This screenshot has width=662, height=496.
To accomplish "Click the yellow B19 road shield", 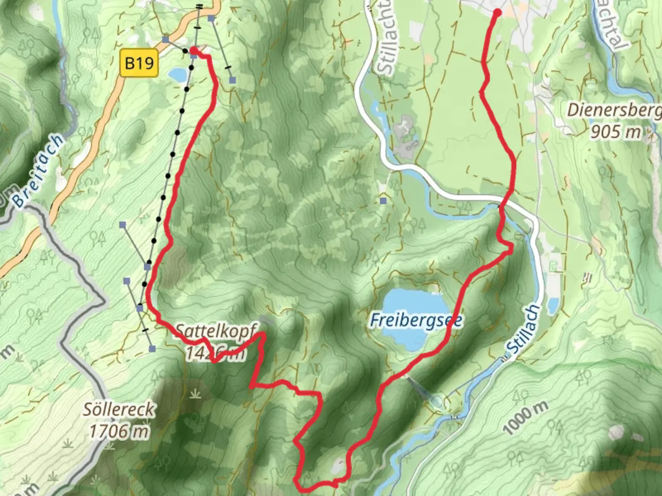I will pyautogui.click(x=139, y=63).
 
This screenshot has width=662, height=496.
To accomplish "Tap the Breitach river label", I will pyautogui.click(x=38, y=171).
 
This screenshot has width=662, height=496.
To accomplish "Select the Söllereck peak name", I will pyautogui.click(x=119, y=409).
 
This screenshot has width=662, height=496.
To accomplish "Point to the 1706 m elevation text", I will pyautogui.click(x=119, y=431).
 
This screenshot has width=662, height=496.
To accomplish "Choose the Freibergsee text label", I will pyautogui.click(x=416, y=320).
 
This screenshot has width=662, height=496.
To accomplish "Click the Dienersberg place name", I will pyautogui.click(x=614, y=110).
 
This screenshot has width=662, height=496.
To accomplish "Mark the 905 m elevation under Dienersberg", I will pyautogui.click(x=615, y=132).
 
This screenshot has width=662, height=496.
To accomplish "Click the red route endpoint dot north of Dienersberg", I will pyautogui.click(x=497, y=13).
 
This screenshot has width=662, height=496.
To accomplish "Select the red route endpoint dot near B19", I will pyautogui.click(x=194, y=50).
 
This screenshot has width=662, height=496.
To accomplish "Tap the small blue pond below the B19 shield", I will pyautogui.click(x=177, y=73).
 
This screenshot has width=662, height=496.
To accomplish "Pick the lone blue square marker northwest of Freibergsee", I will pyautogui.click(x=383, y=201).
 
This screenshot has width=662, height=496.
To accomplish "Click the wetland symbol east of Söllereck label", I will pyautogui.click(x=196, y=394).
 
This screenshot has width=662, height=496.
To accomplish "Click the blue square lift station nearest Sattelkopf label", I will pyautogui.click(x=152, y=349).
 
